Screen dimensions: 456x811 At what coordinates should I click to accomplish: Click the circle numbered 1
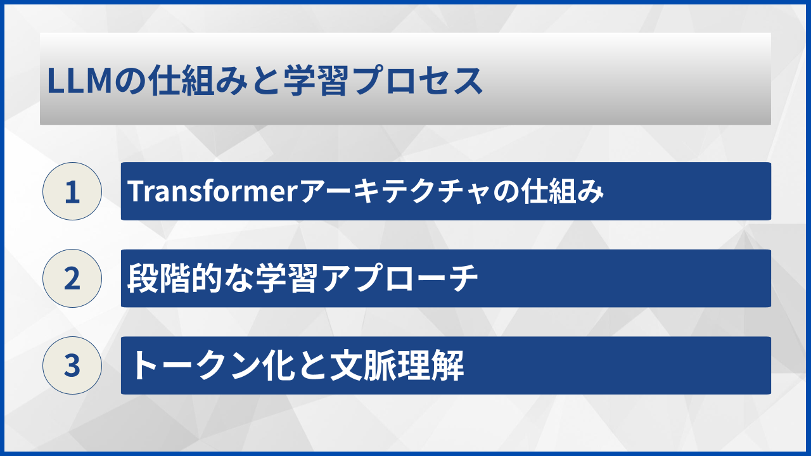(72, 191)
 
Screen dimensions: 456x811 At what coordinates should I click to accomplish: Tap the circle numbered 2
(72, 278)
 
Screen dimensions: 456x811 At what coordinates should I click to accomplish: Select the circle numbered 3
(72, 365)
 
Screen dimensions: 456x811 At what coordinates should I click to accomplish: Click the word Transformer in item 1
(212, 191)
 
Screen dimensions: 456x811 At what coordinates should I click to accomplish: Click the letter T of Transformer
(135, 191)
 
